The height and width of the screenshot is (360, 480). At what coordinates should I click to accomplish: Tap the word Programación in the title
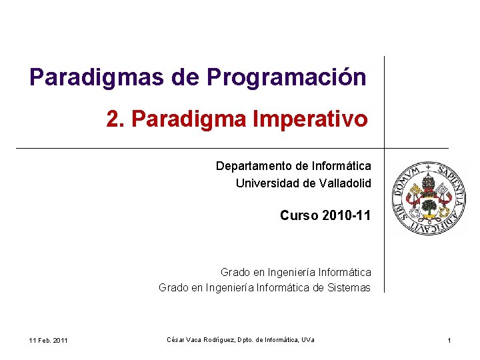(x=287, y=77)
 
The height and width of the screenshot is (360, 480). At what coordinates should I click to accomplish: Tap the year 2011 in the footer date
(x=59, y=341)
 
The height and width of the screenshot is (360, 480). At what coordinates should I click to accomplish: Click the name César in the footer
(x=175, y=341)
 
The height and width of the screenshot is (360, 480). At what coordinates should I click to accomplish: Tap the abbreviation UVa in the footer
(x=308, y=341)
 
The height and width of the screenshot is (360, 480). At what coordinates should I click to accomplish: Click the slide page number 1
(x=449, y=341)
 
